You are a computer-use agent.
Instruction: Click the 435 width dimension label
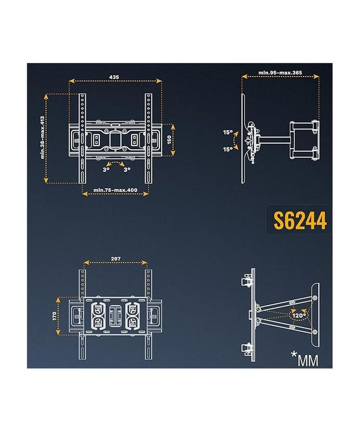pyautogui.click(x=114, y=77)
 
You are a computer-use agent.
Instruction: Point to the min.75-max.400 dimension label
pyautogui.click(x=115, y=189)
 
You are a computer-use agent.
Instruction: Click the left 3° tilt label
pyautogui.click(x=106, y=168)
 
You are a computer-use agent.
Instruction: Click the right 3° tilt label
pyautogui.click(x=127, y=168)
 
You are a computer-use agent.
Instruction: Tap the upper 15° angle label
pyautogui.click(x=228, y=133)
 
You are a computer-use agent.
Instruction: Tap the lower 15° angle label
pyautogui.click(x=228, y=149)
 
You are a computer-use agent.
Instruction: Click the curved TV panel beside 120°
pyautogui.click(x=314, y=315)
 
